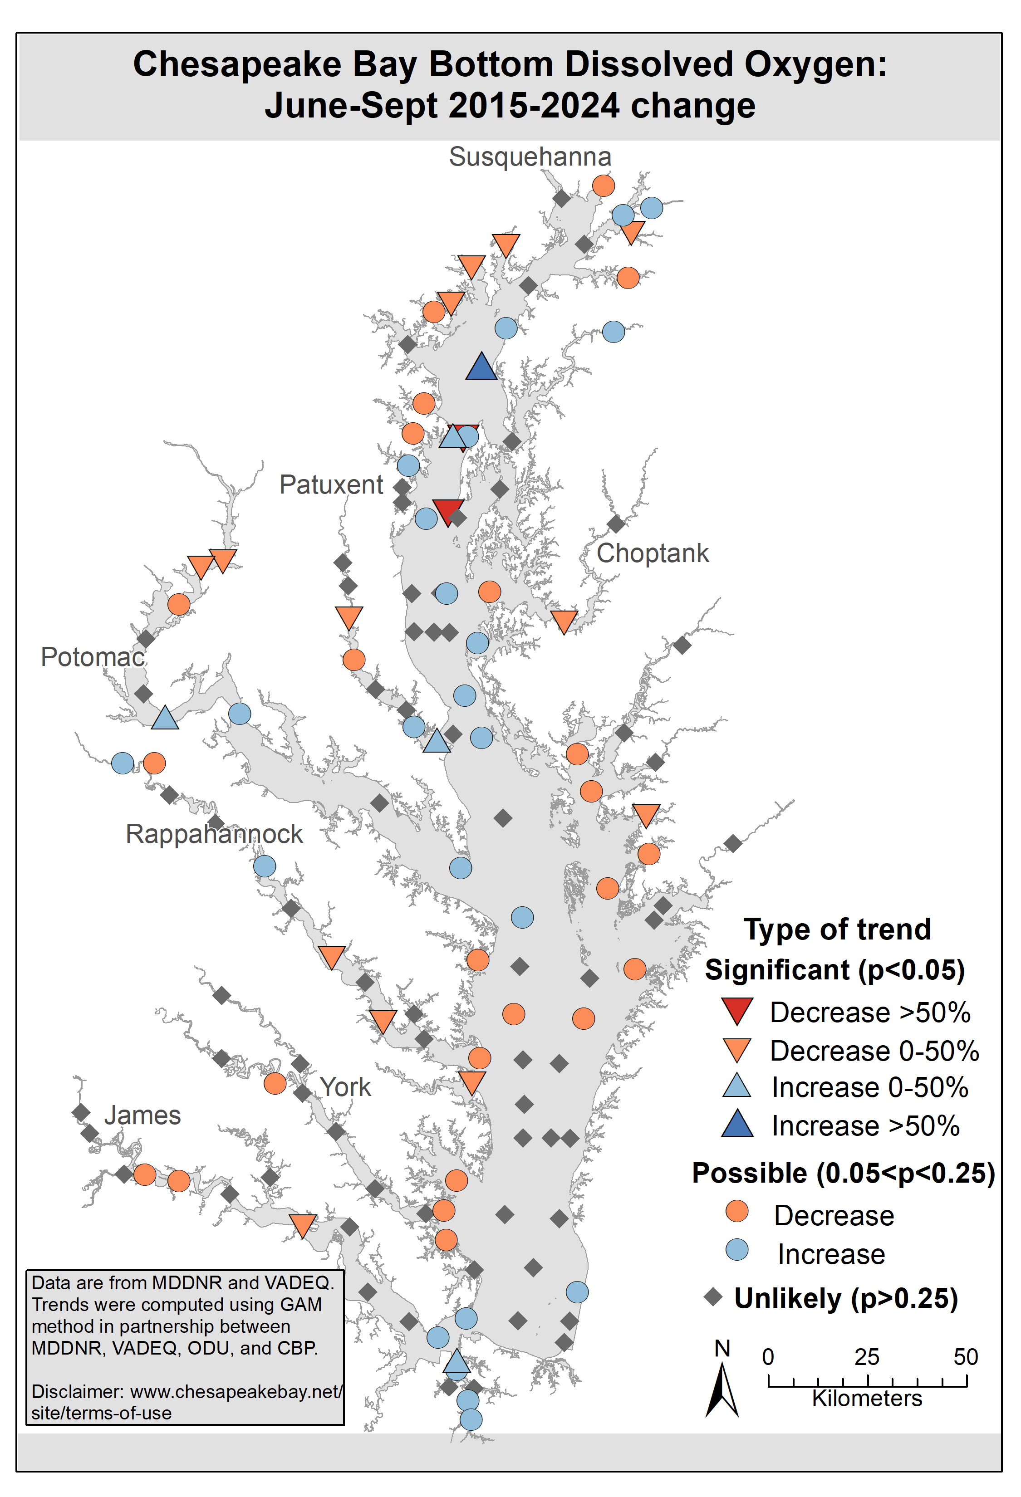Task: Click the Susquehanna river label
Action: click(530, 157)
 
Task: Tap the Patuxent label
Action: click(331, 484)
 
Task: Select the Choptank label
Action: click(652, 553)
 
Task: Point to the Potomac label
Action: click(93, 657)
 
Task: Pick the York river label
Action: click(346, 1087)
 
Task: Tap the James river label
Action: click(142, 1115)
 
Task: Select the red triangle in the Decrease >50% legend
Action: click(737, 1011)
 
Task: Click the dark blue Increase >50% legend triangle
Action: click(737, 1124)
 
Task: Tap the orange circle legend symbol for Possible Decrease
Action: click(737, 1212)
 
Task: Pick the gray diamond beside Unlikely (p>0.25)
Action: click(713, 1296)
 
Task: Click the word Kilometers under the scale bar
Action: click(867, 1399)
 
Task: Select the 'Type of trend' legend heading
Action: click(837, 930)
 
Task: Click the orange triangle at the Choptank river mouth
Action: click(564, 621)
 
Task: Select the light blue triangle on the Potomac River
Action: click(165, 718)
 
